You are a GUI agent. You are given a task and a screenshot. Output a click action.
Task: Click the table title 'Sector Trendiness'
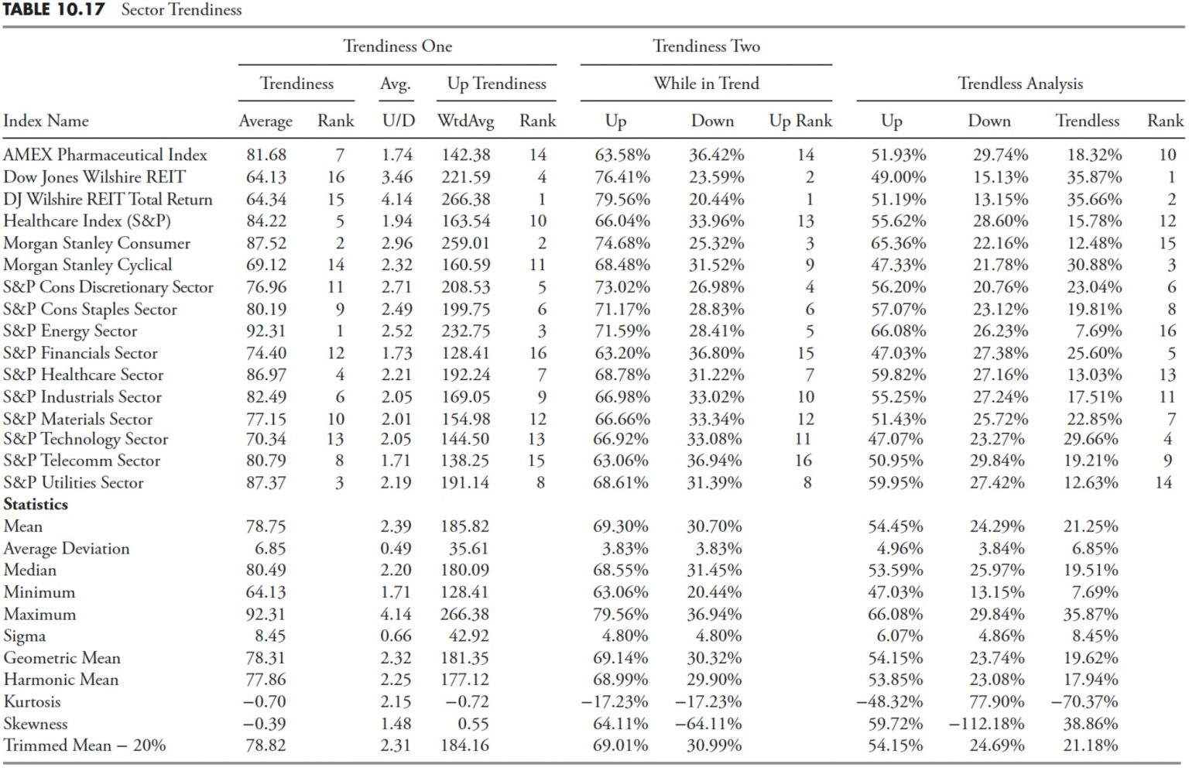[x=181, y=9]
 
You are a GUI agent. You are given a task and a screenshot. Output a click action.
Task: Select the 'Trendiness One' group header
[x=398, y=46]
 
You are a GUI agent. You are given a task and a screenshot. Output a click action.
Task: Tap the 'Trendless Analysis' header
[x=1020, y=84]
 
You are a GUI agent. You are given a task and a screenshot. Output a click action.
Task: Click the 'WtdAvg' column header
[x=465, y=122]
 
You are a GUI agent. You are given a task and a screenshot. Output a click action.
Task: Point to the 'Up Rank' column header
[x=800, y=122]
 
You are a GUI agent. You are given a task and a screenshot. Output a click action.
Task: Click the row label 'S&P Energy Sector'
[x=70, y=331]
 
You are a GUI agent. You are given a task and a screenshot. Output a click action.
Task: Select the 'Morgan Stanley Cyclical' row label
[x=87, y=265]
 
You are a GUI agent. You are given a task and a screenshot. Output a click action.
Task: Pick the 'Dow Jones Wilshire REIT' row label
[x=94, y=176]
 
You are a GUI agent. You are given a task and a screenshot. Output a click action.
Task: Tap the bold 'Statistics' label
[x=36, y=504]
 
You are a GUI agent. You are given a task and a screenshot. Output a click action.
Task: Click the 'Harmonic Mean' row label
[x=61, y=680]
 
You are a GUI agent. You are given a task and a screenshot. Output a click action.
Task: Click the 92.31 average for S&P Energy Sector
[x=266, y=331]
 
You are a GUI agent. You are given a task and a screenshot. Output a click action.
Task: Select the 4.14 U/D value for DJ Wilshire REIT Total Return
[x=397, y=199]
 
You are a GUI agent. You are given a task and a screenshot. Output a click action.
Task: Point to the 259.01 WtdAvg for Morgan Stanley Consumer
[x=465, y=243]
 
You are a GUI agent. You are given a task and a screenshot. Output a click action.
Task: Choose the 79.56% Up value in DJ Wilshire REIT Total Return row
[x=622, y=199]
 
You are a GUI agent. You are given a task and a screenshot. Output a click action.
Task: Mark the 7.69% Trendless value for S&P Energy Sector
[x=1098, y=331]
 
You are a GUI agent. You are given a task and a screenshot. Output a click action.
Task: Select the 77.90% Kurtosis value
[x=997, y=701]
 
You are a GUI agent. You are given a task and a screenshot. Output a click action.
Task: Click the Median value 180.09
[x=464, y=570]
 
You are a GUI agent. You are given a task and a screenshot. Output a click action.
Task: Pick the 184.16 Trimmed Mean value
[x=464, y=745]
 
